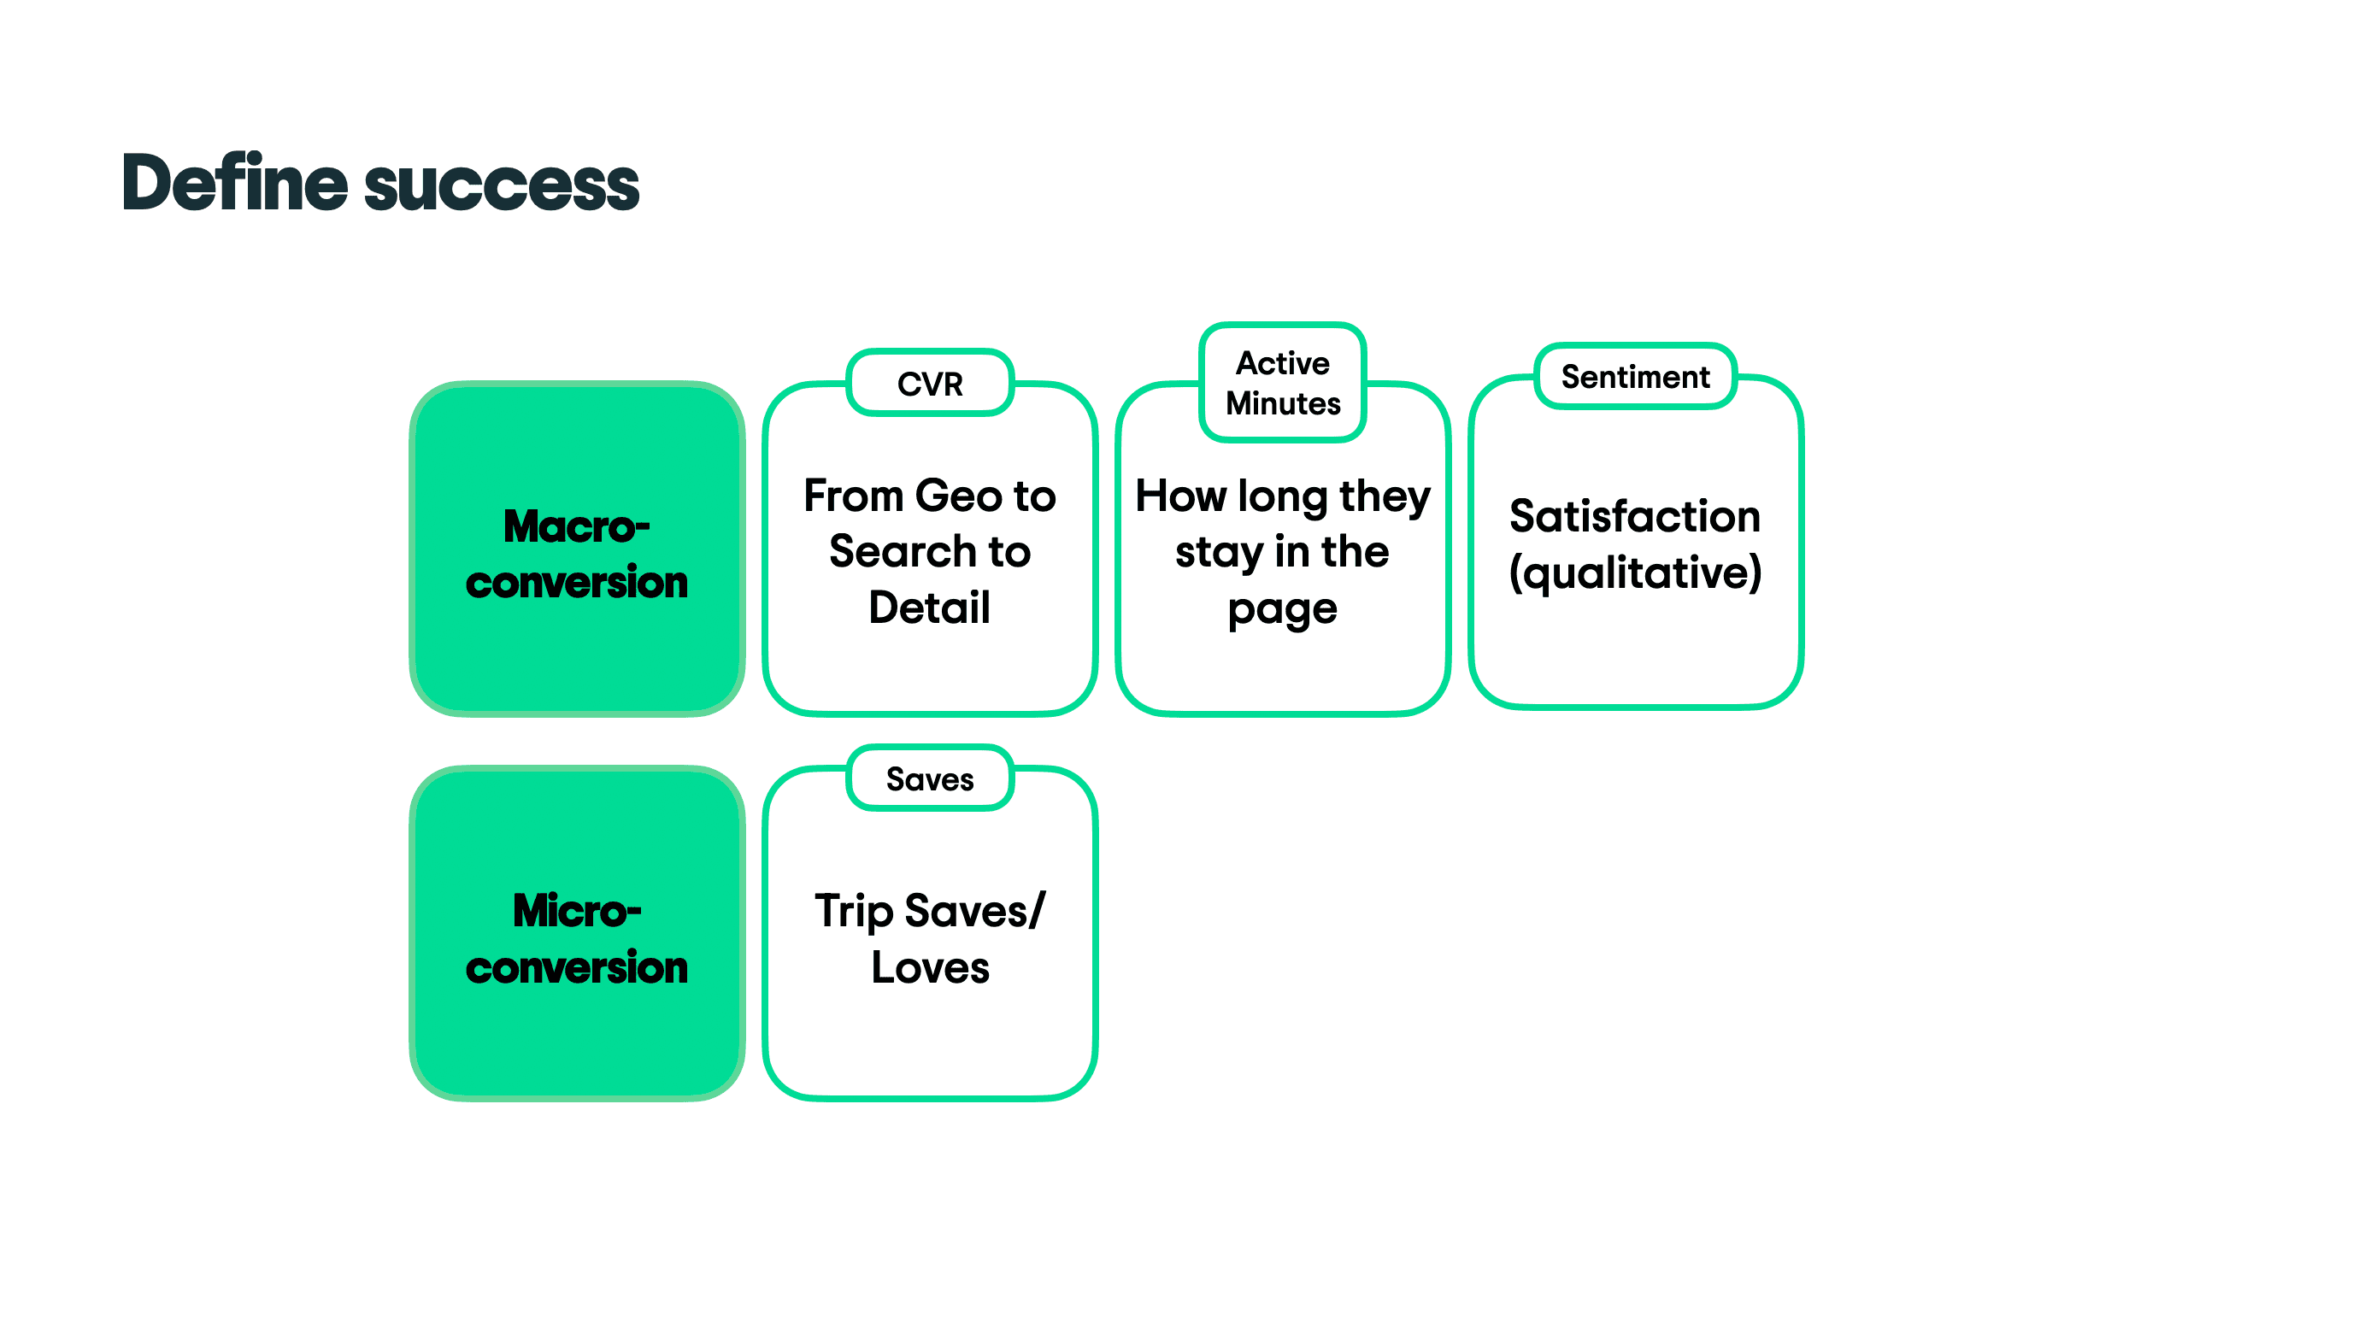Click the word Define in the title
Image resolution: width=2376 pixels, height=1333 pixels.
(234, 183)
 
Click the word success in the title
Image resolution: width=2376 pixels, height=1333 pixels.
(502, 185)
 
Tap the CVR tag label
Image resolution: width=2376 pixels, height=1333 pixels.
(930, 384)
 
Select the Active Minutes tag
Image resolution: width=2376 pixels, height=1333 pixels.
(1282, 383)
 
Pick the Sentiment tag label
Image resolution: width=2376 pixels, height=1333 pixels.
(1634, 376)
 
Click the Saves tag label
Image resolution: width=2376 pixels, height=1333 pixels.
(930, 779)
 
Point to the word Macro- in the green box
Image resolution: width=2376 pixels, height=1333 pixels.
(576, 526)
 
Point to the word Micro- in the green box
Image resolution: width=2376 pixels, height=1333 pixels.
(576, 911)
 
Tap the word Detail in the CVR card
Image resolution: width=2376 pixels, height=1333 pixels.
(930, 608)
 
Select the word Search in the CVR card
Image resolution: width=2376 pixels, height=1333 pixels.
(902, 551)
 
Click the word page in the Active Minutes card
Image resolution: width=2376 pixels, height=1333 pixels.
(1282, 610)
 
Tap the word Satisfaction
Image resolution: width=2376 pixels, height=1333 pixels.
(1634, 516)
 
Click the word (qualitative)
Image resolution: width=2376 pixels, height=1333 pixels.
(1634, 573)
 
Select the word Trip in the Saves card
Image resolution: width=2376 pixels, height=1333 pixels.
(853, 912)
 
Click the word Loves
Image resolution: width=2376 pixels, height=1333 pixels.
(930, 967)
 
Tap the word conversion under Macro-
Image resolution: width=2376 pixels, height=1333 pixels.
(576, 583)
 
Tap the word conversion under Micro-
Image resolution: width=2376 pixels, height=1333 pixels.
(576, 968)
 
